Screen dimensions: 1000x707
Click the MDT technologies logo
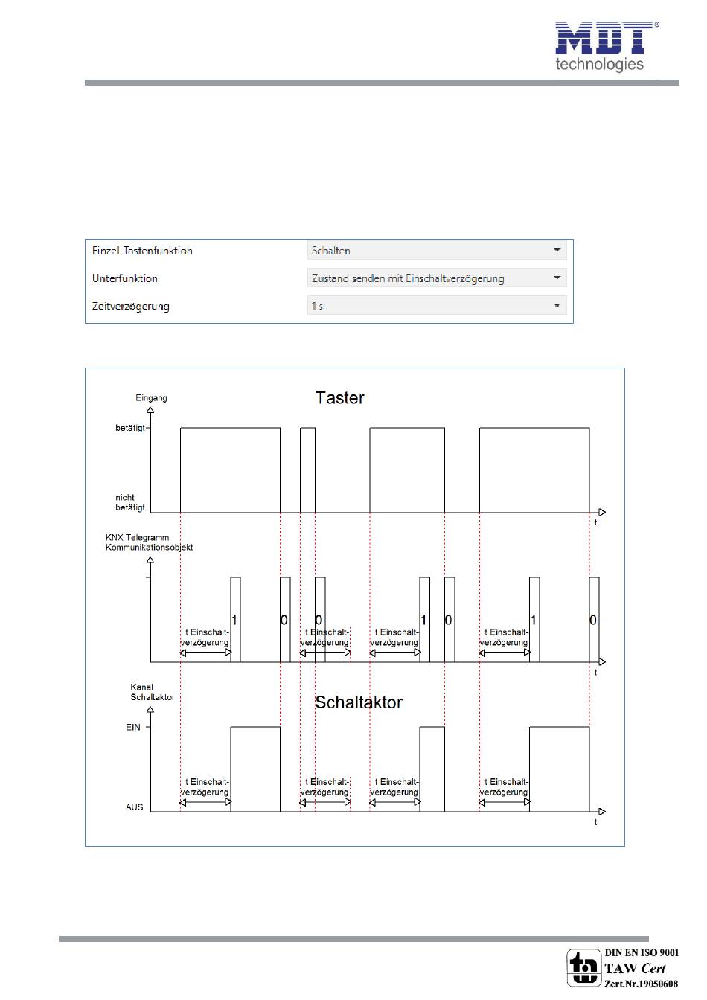(x=605, y=47)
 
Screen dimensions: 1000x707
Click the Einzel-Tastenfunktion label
(x=142, y=251)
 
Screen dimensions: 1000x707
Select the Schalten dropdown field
(x=437, y=251)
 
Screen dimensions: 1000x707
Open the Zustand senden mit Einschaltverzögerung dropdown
(x=437, y=278)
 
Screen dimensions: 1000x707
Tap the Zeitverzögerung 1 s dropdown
(x=437, y=306)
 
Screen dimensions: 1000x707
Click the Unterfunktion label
(x=125, y=278)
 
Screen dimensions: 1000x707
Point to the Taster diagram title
(x=339, y=398)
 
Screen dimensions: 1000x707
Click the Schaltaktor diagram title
(x=358, y=702)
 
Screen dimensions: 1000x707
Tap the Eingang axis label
(x=151, y=398)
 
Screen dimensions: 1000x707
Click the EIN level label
(x=133, y=728)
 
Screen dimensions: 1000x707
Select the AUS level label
(x=134, y=807)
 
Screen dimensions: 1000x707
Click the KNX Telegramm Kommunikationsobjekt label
(x=149, y=542)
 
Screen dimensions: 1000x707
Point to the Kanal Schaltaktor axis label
(x=152, y=693)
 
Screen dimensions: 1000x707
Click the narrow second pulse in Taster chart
(x=307, y=469)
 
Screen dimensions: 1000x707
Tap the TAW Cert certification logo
(x=583, y=968)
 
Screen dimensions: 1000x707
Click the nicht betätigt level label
(x=129, y=502)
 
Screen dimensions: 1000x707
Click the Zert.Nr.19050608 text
(x=641, y=984)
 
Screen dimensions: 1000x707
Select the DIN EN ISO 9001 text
(x=642, y=952)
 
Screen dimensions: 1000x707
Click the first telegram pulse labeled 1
(x=235, y=619)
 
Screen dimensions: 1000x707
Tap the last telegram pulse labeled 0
(x=593, y=619)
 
